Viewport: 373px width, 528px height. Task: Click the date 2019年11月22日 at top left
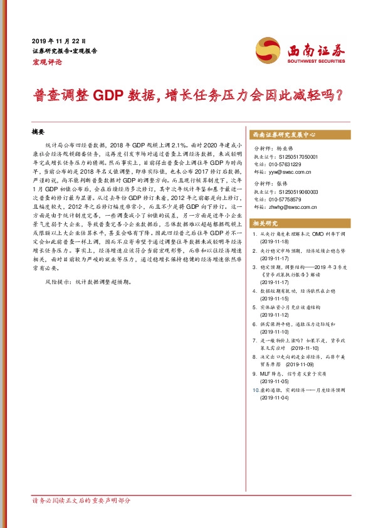click(x=58, y=40)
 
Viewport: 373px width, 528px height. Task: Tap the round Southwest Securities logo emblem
click(x=268, y=48)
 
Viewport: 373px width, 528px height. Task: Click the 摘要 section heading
click(x=39, y=133)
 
